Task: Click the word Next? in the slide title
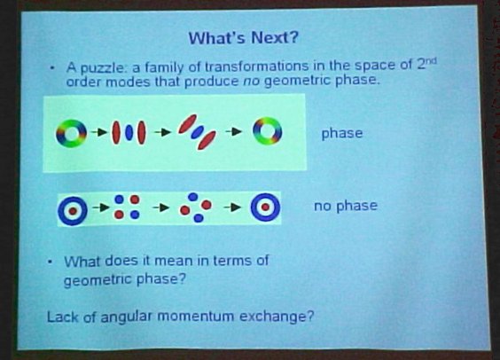click(275, 37)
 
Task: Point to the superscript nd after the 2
click(431, 60)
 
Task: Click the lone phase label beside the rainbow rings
click(342, 133)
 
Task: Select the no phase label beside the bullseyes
click(346, 206)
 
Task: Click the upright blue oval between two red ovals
click(129, 133)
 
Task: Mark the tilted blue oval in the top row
click(197, 132)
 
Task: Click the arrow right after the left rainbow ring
click(99, 132)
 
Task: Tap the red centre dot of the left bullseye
click(73, 211)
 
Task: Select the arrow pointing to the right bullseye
click(232, 207)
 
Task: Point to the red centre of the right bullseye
click(265, 207)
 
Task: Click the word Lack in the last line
click(62, 317)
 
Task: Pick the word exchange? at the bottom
click(277, 317)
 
